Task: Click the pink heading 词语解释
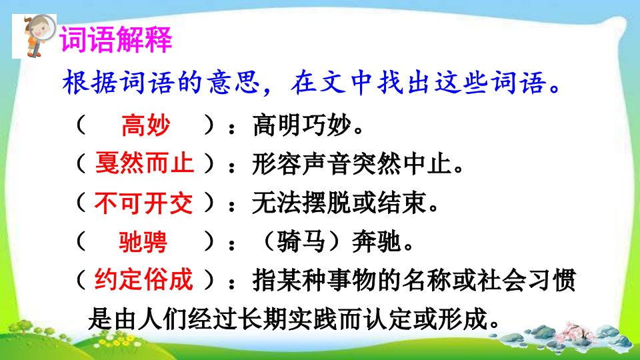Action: [116, 39]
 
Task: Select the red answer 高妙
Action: [146, 125]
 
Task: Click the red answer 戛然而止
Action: [144, 163]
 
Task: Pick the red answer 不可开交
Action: [143, 203]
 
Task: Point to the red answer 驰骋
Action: [143, 241]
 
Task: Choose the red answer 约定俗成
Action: [143, 279]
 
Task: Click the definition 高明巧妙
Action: [302, 125]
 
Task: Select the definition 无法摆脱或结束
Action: [339, 203]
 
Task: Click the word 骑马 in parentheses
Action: [301, 241]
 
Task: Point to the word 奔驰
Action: [376, 241]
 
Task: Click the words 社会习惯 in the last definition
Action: [527, 280]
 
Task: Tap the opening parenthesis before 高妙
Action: [81, 125]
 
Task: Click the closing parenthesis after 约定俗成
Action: [209, 279]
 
